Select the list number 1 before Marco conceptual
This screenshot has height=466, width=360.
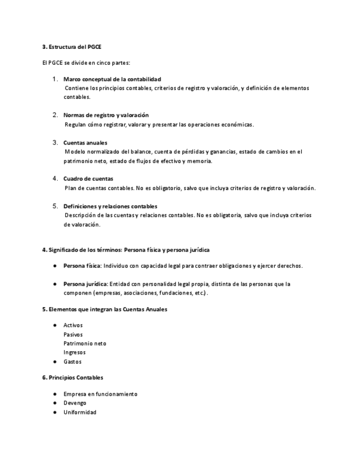point(55,79)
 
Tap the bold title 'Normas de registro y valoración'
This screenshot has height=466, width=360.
point(106,115)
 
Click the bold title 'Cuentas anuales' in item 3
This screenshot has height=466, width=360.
point(85,143)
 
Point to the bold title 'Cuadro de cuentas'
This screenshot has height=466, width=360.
point(88,179)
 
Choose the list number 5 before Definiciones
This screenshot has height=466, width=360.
point(55,206)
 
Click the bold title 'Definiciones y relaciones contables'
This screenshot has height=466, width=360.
point(110,207)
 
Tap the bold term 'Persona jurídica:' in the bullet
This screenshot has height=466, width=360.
point(86,284)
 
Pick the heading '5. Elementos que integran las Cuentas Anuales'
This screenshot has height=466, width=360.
point(105,309)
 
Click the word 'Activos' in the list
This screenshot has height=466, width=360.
point(73,325)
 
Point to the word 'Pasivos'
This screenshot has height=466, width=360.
point(73,334)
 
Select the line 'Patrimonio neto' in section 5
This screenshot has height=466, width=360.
point(85,343)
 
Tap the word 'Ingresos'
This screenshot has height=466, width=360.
point(74,352)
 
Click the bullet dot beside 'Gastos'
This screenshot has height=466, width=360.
point(55,362)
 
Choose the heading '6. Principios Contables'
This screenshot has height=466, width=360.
point(73,378)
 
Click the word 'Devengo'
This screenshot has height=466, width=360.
point(75,403)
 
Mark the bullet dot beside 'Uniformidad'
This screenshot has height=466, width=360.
point(55,412)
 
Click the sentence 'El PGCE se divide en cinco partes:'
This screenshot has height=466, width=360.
point(86,63)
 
